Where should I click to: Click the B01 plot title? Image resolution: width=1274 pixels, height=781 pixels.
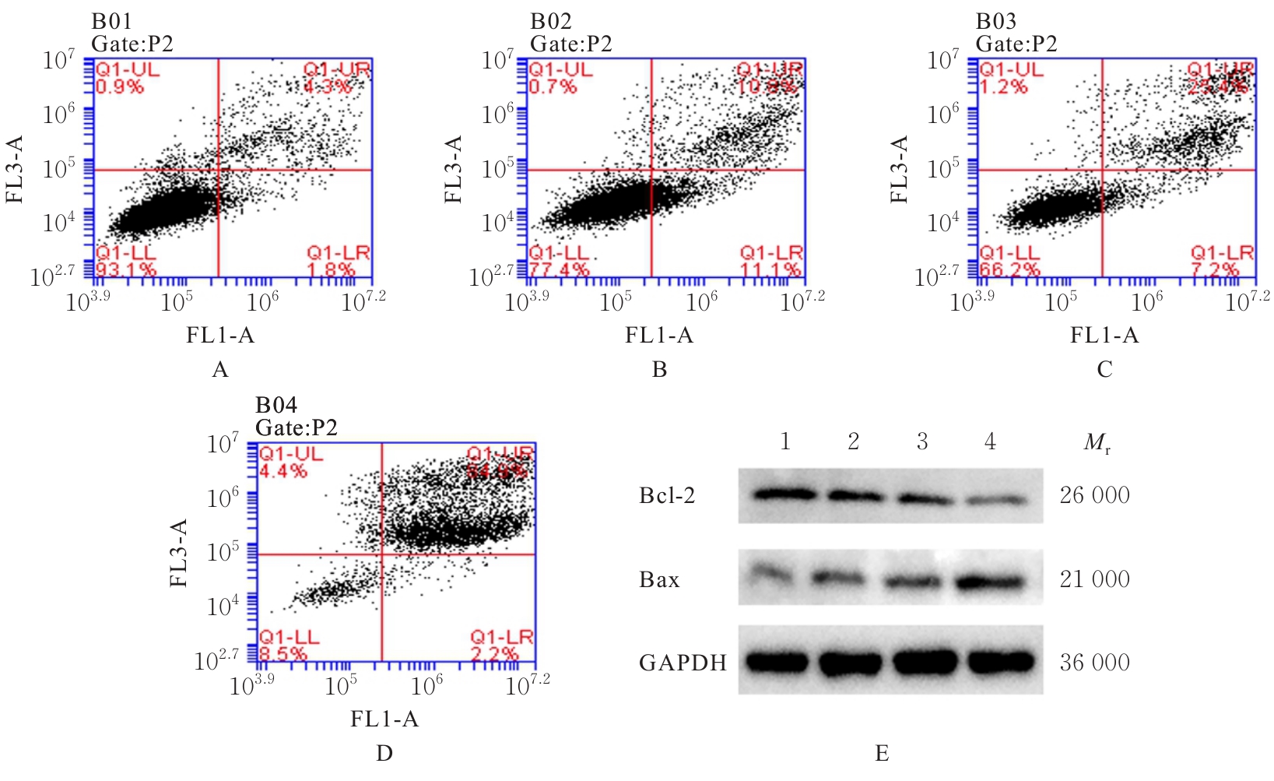tap(111, 21)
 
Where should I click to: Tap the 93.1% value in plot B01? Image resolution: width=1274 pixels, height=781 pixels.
tap(126, 270)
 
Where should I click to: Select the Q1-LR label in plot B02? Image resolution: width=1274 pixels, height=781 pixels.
tap(771, 253)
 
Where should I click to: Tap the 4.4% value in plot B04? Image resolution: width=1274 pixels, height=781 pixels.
tap(283, 471)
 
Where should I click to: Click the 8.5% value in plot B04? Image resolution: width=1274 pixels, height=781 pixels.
tap(283, 654)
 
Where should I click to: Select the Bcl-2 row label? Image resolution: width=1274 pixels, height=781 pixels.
tap(666, 495)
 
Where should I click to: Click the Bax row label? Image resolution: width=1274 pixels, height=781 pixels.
tap(659, 579)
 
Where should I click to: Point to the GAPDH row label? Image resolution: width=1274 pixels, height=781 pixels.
tap(683, 663)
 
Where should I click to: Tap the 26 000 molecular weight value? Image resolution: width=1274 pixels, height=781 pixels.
tap(1094, 495)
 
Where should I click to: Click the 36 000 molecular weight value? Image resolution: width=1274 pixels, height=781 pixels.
tap(1094, 663)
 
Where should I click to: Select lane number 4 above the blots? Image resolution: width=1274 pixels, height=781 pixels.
tap(990, 442)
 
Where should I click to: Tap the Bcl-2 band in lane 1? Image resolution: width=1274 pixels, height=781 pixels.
tap(784, 494)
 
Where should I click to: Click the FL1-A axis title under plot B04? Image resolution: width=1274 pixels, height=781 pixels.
tap(384, 719)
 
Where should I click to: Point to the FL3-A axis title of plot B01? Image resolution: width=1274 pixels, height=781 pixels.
tap(16, 169)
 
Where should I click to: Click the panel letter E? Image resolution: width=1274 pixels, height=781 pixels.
tap(882, 754)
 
